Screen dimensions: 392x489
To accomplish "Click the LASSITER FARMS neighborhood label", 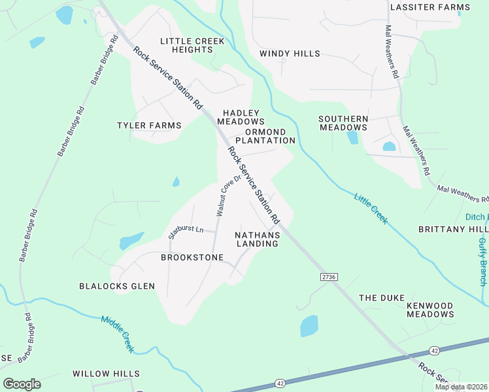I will coord(430,7).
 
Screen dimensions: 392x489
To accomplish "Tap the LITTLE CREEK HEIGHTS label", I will coord(192,46).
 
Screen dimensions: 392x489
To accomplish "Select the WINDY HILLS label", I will coord(290,54).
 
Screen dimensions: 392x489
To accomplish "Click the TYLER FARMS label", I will coord(148,125).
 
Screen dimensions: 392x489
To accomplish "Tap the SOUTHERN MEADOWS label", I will coord(343,123).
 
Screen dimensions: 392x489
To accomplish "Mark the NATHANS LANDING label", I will coord(257,239).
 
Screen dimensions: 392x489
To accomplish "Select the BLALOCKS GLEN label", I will coord(117,286).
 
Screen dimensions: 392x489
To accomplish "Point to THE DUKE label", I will coord(378,298).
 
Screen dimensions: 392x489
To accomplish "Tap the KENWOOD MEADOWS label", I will coord(430,310).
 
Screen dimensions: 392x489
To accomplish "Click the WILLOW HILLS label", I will coord(106,374).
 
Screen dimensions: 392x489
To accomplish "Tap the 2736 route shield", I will coord(329,277).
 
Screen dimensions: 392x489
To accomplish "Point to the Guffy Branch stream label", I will coord(482,261).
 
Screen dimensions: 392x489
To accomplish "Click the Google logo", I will coord(22,384).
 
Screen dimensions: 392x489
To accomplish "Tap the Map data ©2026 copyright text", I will coord(461,387).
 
